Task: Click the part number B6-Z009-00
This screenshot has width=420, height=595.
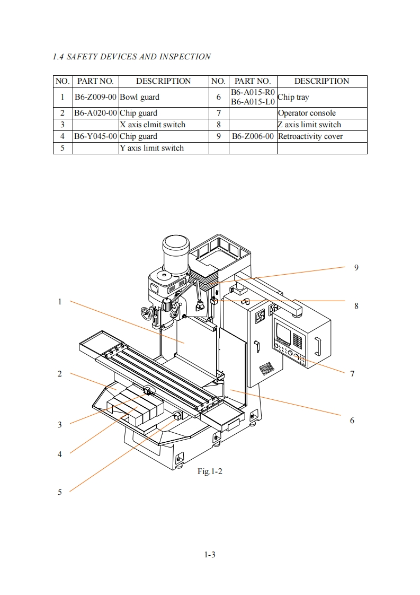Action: [95, 97]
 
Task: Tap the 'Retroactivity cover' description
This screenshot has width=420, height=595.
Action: [310, 137]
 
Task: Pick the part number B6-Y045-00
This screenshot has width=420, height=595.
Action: [95, 137]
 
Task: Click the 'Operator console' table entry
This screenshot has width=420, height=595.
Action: [307, 113]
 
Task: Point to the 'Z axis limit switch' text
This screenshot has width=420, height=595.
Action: [309, 125]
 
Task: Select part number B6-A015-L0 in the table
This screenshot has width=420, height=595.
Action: [253, 102]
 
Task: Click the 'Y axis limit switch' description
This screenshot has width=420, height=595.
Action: [151, 148]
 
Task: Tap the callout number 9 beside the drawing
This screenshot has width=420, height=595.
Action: [356, 268]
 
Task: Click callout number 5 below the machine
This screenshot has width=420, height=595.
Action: [59, 492]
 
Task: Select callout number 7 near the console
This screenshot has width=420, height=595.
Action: [352, 374]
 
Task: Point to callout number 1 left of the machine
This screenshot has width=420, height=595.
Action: [59, 302]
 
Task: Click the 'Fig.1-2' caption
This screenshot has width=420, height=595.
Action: [210, 471]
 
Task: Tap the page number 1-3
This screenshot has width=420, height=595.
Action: [210, 555]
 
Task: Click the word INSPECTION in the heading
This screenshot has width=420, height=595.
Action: [185, 57]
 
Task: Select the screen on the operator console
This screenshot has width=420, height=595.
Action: [283, 331]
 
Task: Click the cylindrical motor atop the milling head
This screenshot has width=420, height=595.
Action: [175, 254]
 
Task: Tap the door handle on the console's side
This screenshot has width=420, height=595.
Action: [317, 346]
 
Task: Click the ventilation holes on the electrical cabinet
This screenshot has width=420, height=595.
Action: [266, 367]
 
